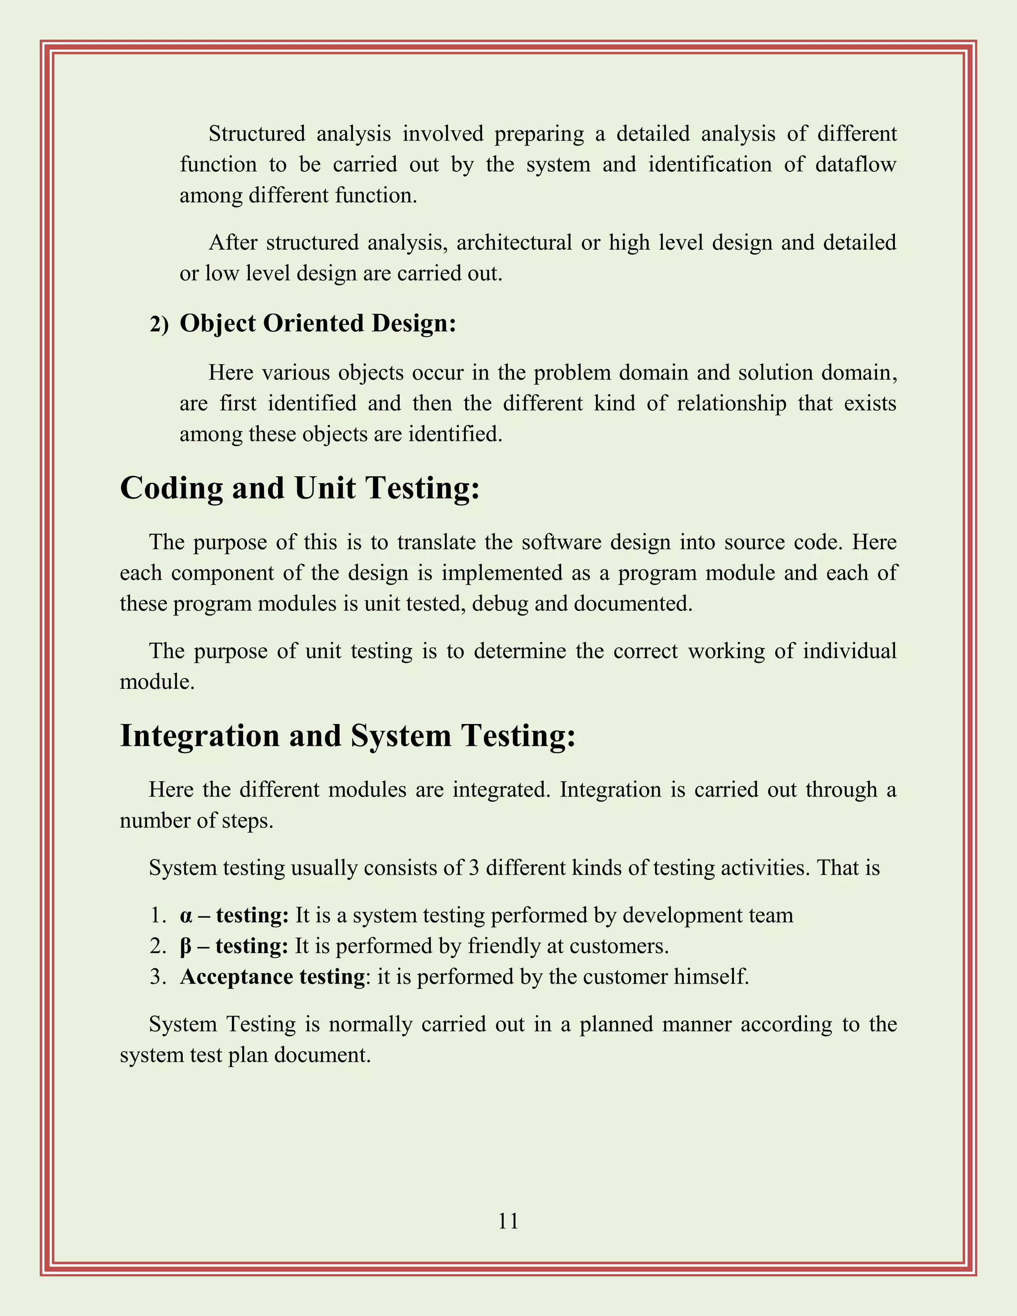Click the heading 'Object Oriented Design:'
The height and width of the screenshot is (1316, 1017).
(317, 324)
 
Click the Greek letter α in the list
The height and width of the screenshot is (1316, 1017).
(186, 916)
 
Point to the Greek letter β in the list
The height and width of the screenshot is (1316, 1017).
(186, 947)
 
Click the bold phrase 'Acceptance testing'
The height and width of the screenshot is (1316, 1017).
(272, 977)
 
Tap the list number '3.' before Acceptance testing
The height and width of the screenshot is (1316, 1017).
(158, 977)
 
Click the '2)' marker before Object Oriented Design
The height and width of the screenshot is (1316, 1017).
(159, 325)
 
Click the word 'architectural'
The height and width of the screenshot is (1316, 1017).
(513, 243)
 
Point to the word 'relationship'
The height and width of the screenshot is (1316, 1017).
(731, 403)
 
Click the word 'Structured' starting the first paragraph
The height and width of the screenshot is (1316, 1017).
(257, 134)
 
